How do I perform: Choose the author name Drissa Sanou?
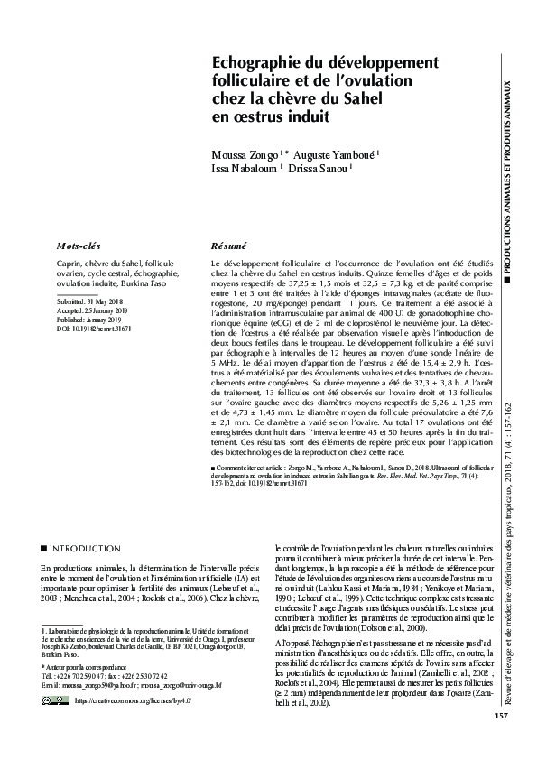(x=319, y=168)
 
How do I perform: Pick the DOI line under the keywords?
(x=88, y=329)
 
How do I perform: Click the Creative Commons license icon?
(x=57, y=700)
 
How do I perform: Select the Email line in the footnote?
(x=131, y=685)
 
